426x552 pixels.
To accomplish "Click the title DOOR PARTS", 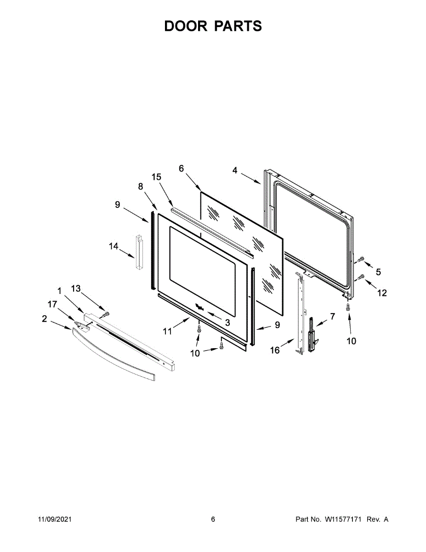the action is (213, 26).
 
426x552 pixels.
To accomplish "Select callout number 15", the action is (157, 177).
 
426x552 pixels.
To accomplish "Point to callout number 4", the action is (235, 170).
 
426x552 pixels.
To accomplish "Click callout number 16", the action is (275, 350).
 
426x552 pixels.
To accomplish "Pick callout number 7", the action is (332, 316).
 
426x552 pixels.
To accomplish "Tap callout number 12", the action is (382, 293).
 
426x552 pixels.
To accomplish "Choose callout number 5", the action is (378, 272).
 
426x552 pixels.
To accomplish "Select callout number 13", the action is (76, 288).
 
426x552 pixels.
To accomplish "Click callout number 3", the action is (227, 322).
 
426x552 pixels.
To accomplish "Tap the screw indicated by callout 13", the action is (106, 314).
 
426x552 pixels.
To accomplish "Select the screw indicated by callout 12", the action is (361, 277).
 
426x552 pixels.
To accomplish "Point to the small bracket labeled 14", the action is (139, 252).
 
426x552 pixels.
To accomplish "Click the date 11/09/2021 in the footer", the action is (54, 519).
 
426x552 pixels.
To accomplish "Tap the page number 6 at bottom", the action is (213, 519).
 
